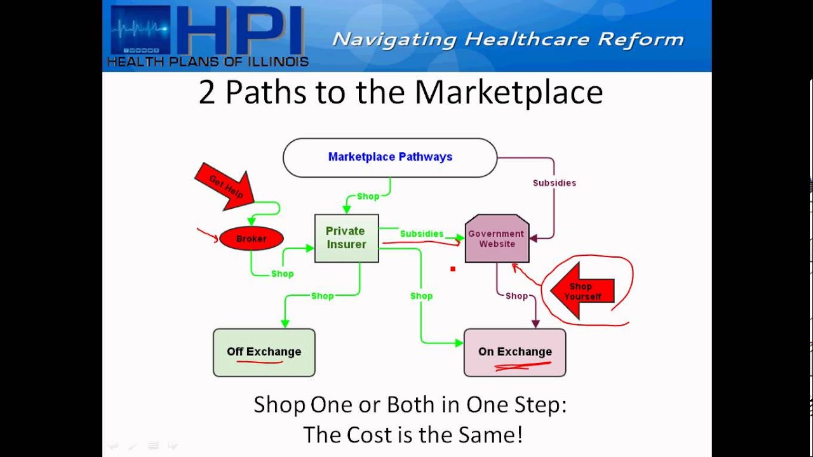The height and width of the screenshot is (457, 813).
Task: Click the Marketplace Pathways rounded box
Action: point(390,157)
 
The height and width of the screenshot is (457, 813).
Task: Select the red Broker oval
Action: point(252,239)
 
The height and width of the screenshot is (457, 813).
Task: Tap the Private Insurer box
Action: point(347,238)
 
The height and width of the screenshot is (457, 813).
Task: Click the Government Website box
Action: point(497,239)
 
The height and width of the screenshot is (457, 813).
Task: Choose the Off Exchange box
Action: point(264,352)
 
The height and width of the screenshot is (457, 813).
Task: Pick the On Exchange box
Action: point(515,352)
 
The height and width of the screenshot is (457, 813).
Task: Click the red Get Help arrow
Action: point(224,185)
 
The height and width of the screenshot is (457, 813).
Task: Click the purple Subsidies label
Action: point(554,183)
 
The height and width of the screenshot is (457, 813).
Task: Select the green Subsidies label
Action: point(422,234)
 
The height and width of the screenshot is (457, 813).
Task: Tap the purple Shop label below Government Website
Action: point(516,296)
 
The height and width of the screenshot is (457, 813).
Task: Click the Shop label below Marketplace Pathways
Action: point(368,196)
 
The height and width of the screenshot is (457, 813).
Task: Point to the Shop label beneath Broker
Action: point(283,274)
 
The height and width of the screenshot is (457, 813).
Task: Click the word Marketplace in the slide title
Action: point(508,92)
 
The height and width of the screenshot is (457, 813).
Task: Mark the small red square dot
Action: point(453,269)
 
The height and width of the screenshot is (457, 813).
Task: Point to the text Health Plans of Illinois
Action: point(208,62)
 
